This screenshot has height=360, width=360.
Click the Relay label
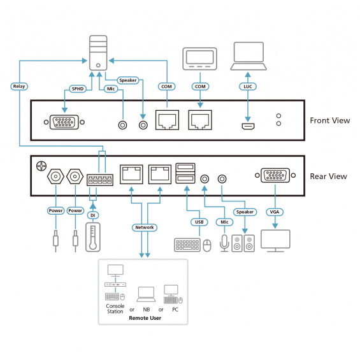tap(19, 86)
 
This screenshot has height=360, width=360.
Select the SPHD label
tap(78, 89)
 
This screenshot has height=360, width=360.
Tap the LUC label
tap(248, 87)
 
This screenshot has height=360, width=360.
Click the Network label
tap(145, 227)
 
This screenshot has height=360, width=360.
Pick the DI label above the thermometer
tap(93, 215)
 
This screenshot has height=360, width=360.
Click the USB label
tap(199, 222)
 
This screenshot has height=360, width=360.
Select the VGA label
tap(275, 212)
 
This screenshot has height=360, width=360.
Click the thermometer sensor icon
tap(93, 237)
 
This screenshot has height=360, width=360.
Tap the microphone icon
tap(224, 243)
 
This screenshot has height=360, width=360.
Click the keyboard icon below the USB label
tap(187, 245)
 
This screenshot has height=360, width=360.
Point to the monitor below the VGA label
tap(275, 241)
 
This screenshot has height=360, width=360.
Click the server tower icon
tap(98, 53)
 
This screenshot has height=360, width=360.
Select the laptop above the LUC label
tap(248, 56)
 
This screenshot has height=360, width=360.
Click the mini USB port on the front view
tap(248, 126)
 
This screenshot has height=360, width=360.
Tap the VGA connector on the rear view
tap(275, 175)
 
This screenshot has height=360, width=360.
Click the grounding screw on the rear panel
tap(41, 166)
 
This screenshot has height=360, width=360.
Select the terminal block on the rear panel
tap(100, 180)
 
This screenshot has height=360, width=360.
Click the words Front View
tap(330, 120)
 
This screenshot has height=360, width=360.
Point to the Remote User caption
tap(145, 318)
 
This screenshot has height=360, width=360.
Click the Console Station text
tap(115, 309)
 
